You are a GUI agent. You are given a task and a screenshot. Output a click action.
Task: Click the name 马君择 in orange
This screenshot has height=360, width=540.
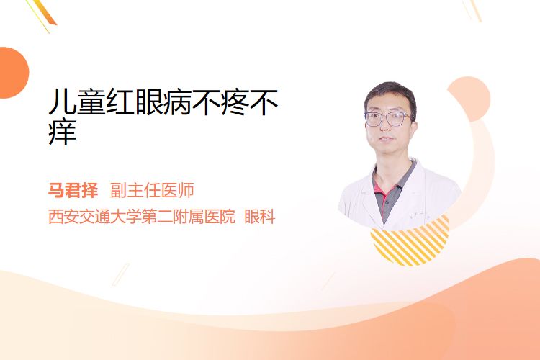point(73,190)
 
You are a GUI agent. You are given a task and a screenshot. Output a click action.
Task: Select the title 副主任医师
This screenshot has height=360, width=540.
point(152,190)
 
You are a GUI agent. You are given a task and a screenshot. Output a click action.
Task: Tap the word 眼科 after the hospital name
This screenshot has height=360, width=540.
point(260,217)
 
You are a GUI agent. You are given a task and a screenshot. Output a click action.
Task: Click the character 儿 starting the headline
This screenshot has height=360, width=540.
point(62,102)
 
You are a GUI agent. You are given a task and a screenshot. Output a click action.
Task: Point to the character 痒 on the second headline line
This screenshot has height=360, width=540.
point(63,132)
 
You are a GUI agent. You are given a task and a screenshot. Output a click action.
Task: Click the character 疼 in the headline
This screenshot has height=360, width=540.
point(235,102)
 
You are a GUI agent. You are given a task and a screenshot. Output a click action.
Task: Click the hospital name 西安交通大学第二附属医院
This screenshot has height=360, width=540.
point(142,217)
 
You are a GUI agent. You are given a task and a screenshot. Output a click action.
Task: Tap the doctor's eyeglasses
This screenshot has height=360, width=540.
point(388,119)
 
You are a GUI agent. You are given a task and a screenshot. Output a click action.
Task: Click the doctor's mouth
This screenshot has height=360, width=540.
point(385,139)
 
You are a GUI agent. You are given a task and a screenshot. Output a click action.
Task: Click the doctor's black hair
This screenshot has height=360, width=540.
point(390,96)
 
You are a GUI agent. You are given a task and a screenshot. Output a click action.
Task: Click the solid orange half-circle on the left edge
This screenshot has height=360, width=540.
point(12,73)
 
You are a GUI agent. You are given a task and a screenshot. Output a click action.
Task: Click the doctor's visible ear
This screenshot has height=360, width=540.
point(413,125)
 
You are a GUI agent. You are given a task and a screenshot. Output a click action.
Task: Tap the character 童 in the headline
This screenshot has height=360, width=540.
point(91,102)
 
